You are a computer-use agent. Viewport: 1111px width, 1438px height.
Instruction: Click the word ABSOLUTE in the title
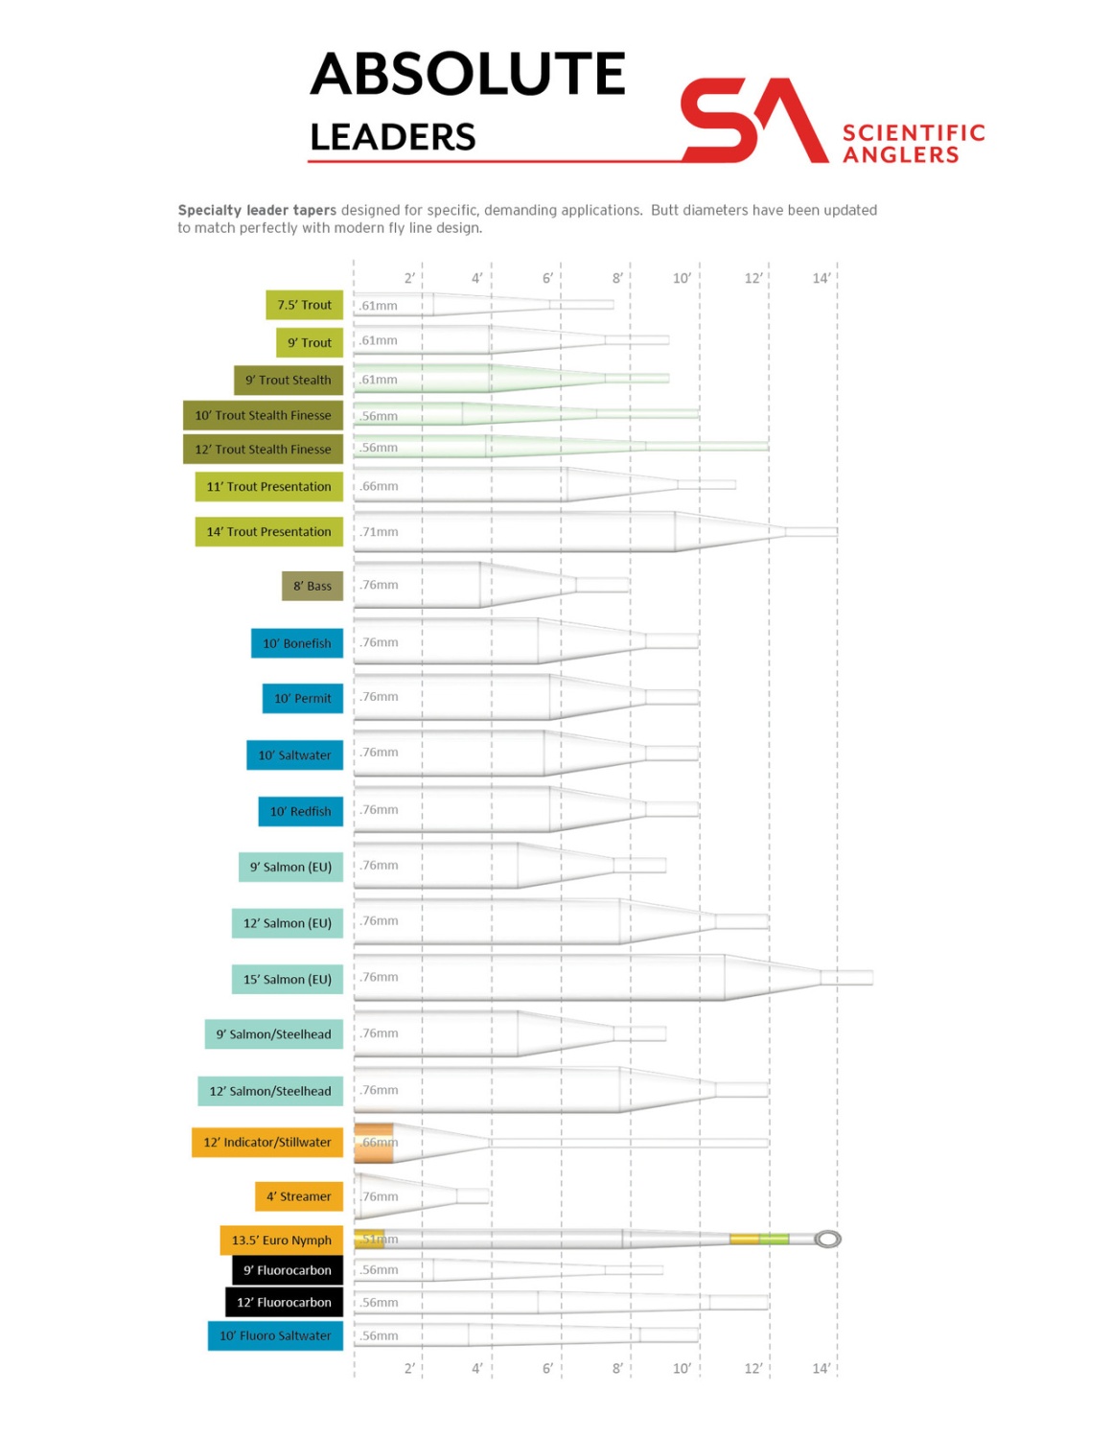click(468, 75)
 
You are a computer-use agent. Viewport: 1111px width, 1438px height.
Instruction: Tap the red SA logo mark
click(753, 121)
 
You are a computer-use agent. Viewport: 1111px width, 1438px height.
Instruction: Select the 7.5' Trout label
click(304, 305)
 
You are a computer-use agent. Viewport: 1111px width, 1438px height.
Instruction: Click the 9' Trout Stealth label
click(288, 380)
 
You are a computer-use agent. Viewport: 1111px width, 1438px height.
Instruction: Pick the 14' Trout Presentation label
click(268, 531)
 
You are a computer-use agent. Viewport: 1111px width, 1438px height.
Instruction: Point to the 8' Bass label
click(312, 586)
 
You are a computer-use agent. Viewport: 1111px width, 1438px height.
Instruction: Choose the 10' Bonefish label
click(296, 643)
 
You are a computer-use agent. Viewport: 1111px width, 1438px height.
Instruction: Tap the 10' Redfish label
click(300, 811)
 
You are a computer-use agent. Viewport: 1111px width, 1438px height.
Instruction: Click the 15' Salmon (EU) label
click(287, 979)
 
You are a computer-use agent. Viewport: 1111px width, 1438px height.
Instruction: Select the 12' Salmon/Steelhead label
click(269, 1091)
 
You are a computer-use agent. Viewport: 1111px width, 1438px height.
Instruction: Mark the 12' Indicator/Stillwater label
click(266, 1142)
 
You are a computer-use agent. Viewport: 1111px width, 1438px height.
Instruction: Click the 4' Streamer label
click(298, 1196)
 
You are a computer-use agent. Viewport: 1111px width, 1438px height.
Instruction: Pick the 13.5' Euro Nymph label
click(281, 1240)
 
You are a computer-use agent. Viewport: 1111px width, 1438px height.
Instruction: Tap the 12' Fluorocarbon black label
click(284, 1302)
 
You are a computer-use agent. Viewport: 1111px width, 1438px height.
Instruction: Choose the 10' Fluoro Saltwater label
click(275, 1335)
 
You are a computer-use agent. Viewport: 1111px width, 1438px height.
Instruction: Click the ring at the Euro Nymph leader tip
click(827, 1240)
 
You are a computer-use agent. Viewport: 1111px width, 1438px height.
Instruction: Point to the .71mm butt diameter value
click(380, 532)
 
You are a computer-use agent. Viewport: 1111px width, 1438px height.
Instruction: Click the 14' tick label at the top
click(821, 278)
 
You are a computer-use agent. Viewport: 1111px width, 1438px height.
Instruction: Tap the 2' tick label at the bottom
click(409, 1368)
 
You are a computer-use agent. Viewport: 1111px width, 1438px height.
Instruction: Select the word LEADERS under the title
click(393, 137)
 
